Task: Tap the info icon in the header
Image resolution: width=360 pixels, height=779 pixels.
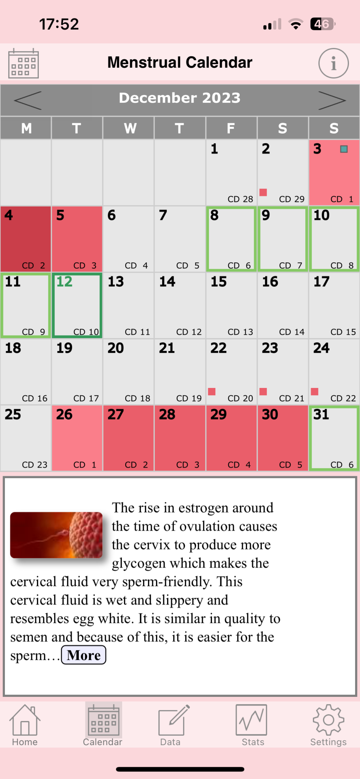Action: (x=333, y=63)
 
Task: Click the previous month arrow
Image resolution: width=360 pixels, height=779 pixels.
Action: (x=27, y=100)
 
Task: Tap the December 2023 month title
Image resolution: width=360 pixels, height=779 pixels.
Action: (x=180, y=98)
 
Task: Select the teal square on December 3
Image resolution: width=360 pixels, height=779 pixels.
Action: (x=344, y=149)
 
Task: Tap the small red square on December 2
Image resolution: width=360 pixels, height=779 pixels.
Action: (x=263, y=192)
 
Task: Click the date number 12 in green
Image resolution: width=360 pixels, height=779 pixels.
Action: (x=64, y=282)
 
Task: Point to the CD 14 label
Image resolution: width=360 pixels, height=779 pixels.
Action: (x=292, y=332)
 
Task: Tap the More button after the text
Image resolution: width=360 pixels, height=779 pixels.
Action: (x=84, y=655)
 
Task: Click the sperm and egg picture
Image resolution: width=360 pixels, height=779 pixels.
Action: (x=56, y=535)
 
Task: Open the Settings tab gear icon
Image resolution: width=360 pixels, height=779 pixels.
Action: (x=328, y=720)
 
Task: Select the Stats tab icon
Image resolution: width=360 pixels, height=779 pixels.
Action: (x=251, y=720)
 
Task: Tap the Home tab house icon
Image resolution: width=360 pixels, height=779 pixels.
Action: (x=25, y=720)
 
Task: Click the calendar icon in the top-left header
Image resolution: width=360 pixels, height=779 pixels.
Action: (x=24, y=63)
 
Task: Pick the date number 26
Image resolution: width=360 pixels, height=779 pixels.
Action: (x=64, y=415)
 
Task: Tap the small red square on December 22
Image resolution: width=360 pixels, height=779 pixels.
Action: (x=212, y=391)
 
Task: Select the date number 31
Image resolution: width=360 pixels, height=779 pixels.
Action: (x=321, y=415)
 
